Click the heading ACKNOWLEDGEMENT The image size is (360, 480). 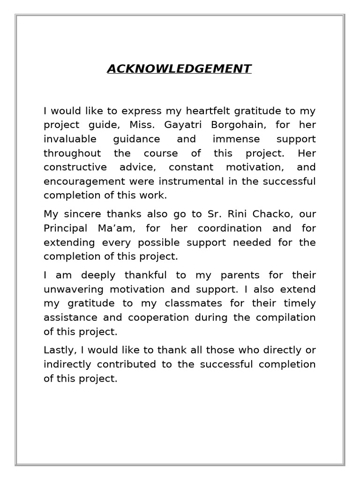[x=179, y=69]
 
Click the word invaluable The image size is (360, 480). [x=70, y=139]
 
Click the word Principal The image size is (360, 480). [x=66, y=228]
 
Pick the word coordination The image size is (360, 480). [x=229, y=228]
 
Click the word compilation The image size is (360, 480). [x=285, y=317]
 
